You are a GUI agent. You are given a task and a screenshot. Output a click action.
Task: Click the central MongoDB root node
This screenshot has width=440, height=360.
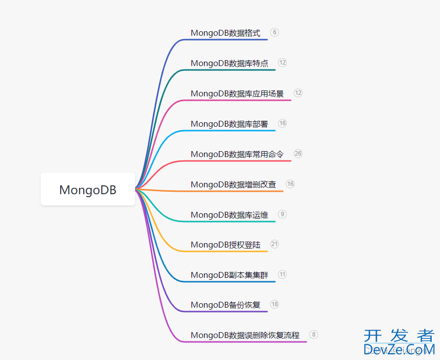coord(88,189)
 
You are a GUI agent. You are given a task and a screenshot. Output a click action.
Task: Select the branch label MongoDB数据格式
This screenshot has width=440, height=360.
coord(225,33)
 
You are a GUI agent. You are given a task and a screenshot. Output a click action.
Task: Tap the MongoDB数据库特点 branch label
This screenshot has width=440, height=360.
coord(229,64)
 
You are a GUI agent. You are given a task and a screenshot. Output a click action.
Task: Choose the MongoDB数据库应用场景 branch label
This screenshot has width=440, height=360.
coord(237,94)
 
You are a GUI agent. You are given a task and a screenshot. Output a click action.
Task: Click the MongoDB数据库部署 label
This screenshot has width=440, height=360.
coord(229,124)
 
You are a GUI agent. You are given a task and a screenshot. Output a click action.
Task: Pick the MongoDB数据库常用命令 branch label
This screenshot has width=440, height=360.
coord(237,155)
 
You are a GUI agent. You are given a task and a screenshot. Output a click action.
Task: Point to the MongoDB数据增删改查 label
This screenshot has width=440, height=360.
coord(233,185)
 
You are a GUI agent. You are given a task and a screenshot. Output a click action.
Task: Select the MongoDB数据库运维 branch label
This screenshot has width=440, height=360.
coord(229,215)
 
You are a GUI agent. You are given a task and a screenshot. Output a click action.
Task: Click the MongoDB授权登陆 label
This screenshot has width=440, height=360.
coord(225,245)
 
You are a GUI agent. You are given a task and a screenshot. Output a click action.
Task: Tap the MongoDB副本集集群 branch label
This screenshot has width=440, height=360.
coord(229,275)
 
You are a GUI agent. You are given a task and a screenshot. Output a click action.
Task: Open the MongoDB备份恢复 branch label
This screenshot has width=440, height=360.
coord(225,305)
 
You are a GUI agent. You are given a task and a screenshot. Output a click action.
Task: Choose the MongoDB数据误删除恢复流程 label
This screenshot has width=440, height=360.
coord(245,336)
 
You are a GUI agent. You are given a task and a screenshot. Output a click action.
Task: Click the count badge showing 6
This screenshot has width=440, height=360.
coord(275,32)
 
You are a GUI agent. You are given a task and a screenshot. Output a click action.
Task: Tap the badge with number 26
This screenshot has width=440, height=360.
coord(298,154)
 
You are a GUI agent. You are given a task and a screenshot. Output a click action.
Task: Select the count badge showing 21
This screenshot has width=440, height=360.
coord(275,244)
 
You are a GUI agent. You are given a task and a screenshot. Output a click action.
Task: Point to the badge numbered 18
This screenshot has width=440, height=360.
coord(275,304)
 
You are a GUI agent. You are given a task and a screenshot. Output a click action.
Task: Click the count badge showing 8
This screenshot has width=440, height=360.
coord(314,335)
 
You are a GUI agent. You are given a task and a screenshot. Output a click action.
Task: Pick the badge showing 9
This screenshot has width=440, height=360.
coord(282,214)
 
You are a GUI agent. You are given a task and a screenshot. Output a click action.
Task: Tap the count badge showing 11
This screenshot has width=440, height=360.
coord(282,274)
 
